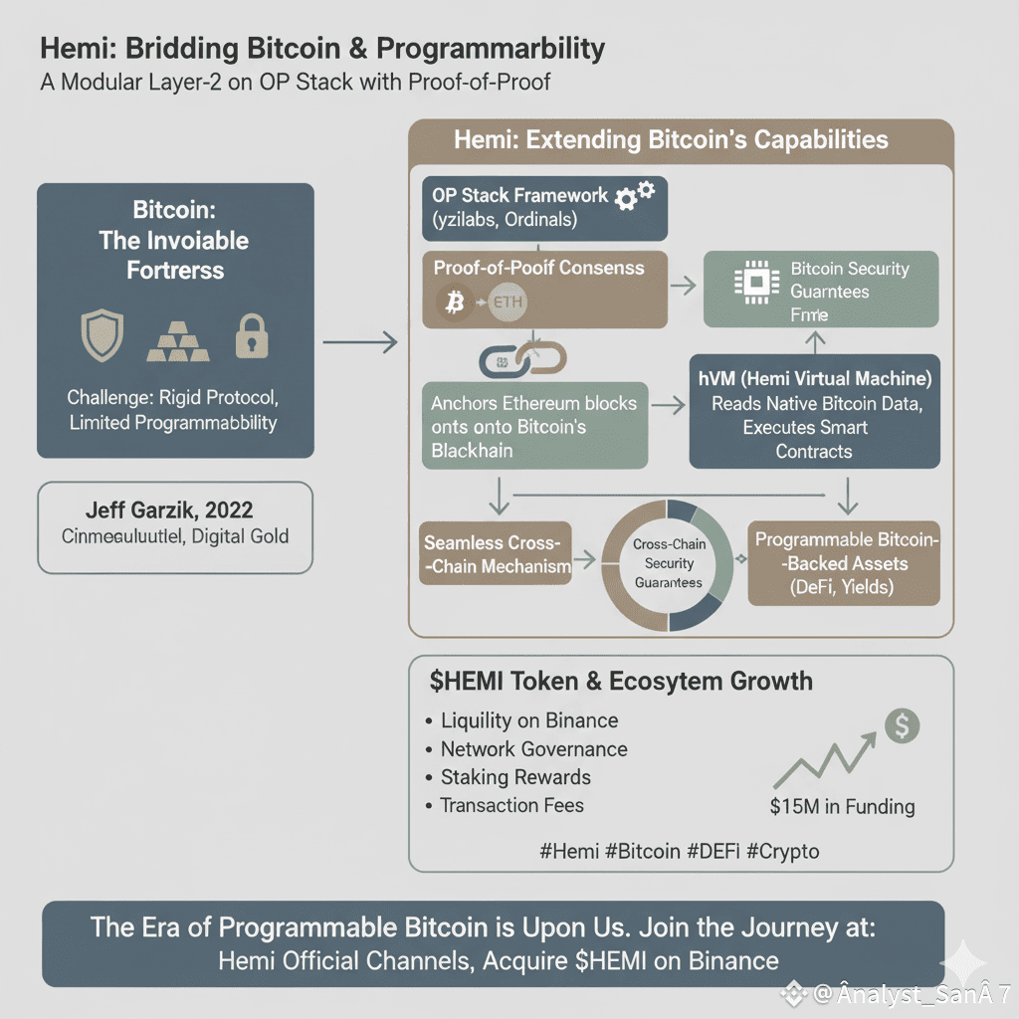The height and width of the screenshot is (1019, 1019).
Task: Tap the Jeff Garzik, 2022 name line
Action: click(x=174, y=510)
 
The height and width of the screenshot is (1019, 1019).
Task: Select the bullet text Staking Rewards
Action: click(x=515, y=777)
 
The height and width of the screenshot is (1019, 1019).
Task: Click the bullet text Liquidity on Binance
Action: click(x=529, y=720)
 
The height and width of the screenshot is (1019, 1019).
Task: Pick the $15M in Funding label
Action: click(x=842, y=806)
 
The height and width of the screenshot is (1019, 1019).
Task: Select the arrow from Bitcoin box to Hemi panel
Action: click(x=360, y=343)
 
